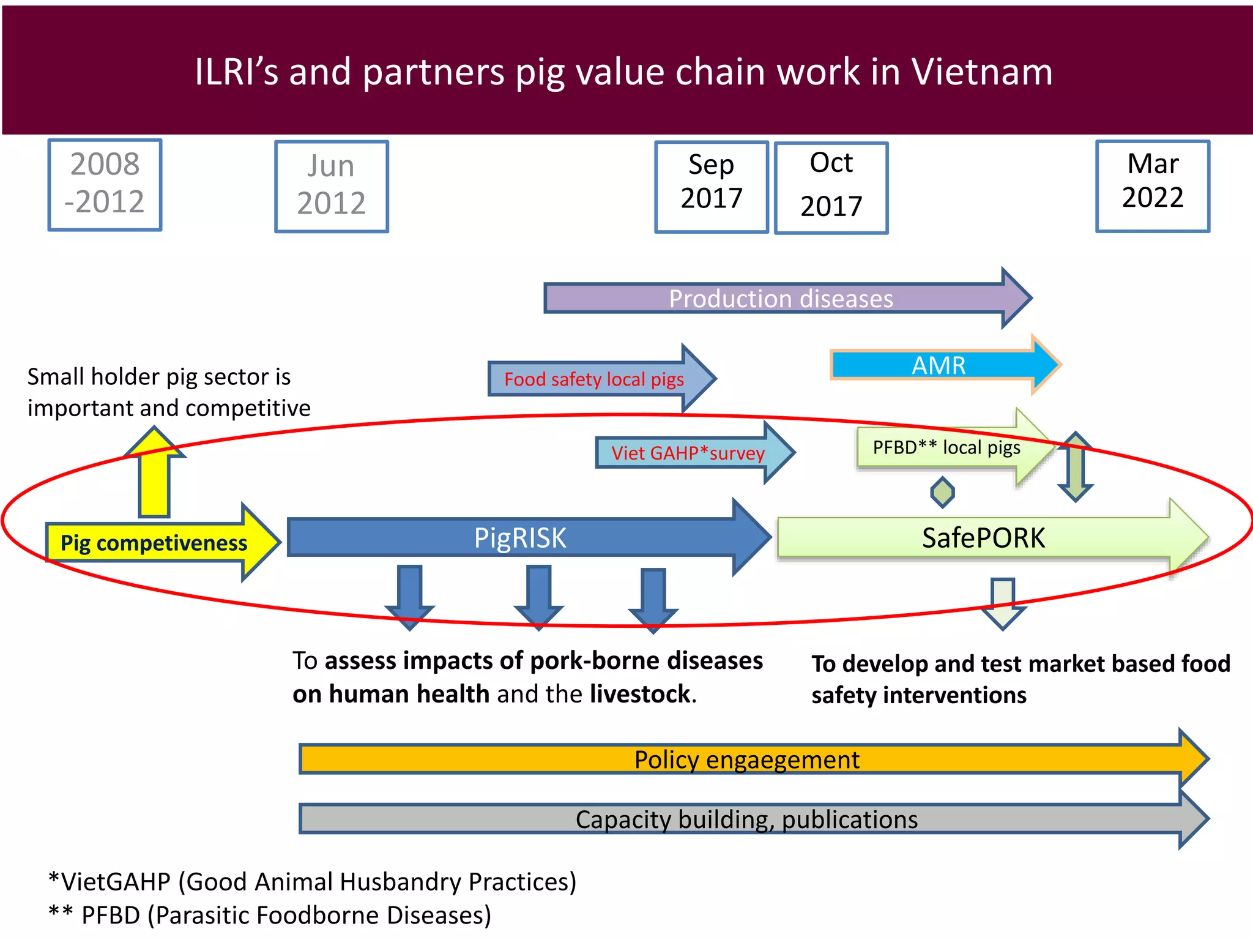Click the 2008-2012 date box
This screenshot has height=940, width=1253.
(x=105, y=184)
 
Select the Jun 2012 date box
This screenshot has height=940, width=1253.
(x=332, y=186)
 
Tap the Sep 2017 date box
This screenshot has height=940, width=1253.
(x=712, y=186)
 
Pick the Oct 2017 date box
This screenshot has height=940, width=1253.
(x=831, y=187)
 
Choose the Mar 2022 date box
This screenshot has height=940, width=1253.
(x=1153, y=185)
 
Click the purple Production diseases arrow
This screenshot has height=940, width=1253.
(x=781, y=299)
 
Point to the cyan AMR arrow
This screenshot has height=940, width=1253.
(x=939, y=365)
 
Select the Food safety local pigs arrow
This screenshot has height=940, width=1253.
(x=593, y=379)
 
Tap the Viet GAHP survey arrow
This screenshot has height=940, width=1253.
(x=688, y=453)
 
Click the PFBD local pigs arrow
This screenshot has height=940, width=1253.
(x=946, y=448)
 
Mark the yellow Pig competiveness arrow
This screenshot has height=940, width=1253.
(x=154, y=543)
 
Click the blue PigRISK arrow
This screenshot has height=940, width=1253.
(x=520, y=538)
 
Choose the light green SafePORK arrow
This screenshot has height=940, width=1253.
(x=983, y=538)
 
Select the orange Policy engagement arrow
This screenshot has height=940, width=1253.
(x=746, y=759)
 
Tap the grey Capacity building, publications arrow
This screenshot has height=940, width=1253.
(x=746, y=819)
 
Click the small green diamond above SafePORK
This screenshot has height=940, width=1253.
(x=942, y=492)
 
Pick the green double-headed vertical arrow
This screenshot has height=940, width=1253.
(x=1076, y=467)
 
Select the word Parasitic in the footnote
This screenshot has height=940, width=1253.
(x=203, y=916)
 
